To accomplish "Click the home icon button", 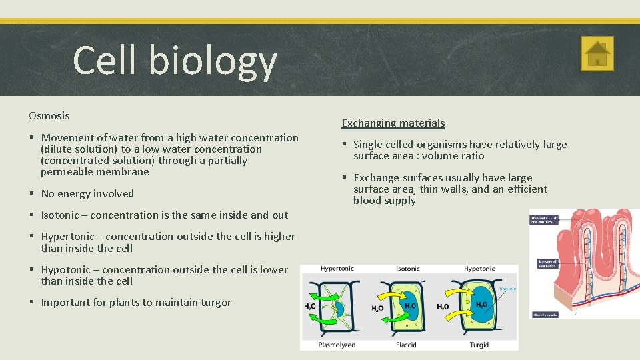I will click(x=597, y=53).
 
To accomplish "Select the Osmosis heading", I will click(x=49, y=116).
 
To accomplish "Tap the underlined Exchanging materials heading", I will click(x=393, y=123).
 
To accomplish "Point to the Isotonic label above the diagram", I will click(x=407, y=269).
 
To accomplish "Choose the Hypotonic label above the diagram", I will click(x=479, y=269).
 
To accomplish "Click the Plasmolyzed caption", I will click(x=338, y=345).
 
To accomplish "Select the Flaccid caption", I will click(x=407, y=345).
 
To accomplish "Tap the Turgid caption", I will click(x=479, y=345).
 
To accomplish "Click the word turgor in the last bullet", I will click(x=215, y=303).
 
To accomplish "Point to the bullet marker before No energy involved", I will click(x=31, y=194).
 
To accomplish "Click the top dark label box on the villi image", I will click(x=543, y=219).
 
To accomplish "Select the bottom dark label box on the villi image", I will click(x=545, y=314).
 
